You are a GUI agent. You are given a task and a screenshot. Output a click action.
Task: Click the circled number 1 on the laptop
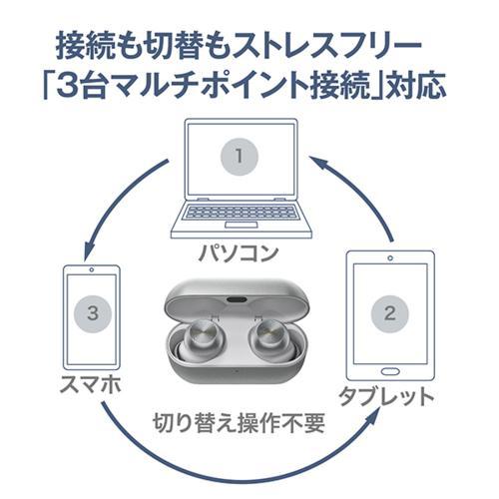pos(238,156)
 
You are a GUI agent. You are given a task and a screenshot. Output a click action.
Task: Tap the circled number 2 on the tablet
pos(390,313)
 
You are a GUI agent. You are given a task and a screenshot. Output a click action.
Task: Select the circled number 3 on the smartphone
pos(92,313)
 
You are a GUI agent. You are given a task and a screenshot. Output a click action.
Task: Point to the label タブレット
pos(390,397)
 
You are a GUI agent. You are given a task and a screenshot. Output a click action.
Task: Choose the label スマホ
pos(89,384)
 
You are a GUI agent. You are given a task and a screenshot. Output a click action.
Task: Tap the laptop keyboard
pos(236,212)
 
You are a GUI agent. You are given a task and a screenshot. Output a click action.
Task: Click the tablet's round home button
pos(390,366)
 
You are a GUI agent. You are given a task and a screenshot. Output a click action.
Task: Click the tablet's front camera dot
pos(390,261)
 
